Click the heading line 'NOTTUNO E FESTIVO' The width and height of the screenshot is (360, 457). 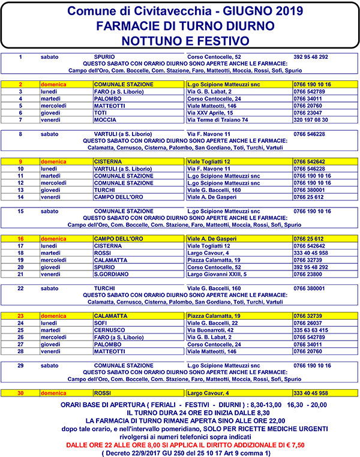pos(180,40)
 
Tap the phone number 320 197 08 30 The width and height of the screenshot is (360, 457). pos(311,120)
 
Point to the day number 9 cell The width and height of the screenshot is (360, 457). pos(20,161)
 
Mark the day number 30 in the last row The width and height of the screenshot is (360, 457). pos(20,393)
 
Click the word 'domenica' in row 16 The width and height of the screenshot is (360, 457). pos(53,238)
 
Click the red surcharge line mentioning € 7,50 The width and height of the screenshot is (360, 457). pos(180,444)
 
